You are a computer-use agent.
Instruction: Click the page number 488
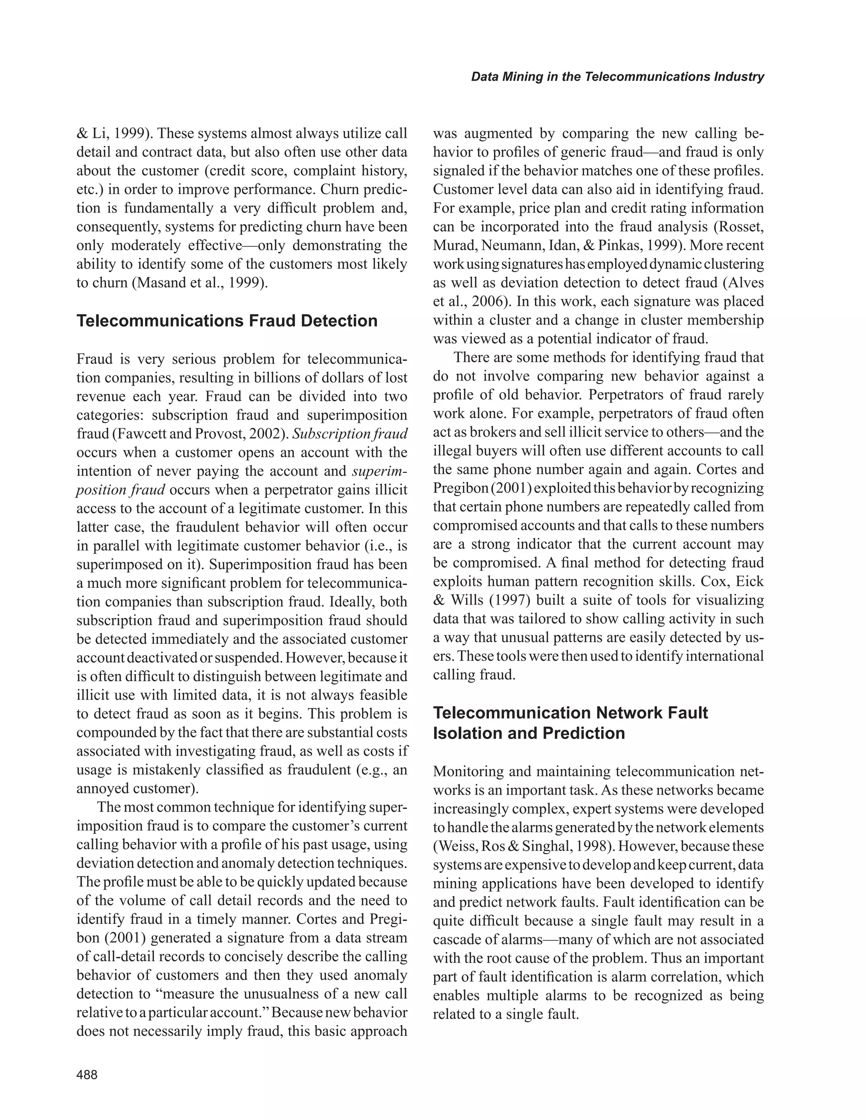coord(87,1074)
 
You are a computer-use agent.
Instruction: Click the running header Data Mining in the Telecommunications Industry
coord(617,77)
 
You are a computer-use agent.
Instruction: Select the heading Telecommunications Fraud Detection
coord(227,321)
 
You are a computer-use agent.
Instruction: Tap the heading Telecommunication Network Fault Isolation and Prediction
coord(570,723)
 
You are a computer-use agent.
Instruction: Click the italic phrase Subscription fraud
coord(349,434)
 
